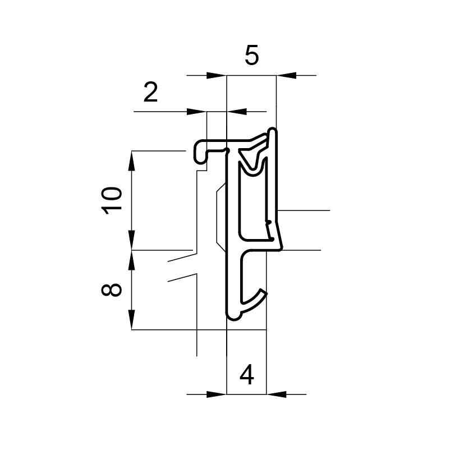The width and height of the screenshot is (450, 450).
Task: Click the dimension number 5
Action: [x=252, y=54]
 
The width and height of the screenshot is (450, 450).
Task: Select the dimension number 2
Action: [x=151, y=92]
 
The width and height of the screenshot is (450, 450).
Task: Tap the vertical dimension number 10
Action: [x=112, y=201]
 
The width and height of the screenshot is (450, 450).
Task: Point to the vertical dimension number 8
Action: [x=112, y=290]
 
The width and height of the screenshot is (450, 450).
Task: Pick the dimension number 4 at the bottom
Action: [x=247, y=375]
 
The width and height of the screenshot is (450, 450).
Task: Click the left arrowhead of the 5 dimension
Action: [x=217, y=76]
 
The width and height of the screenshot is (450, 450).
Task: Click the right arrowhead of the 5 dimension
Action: [x=286, y=76]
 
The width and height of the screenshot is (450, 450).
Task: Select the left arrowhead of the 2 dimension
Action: [x=196, y=112]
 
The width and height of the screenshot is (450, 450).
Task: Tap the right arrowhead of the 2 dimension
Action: [x=237, y=112]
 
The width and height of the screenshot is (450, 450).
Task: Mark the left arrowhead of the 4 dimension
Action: [x=217, y=394]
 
